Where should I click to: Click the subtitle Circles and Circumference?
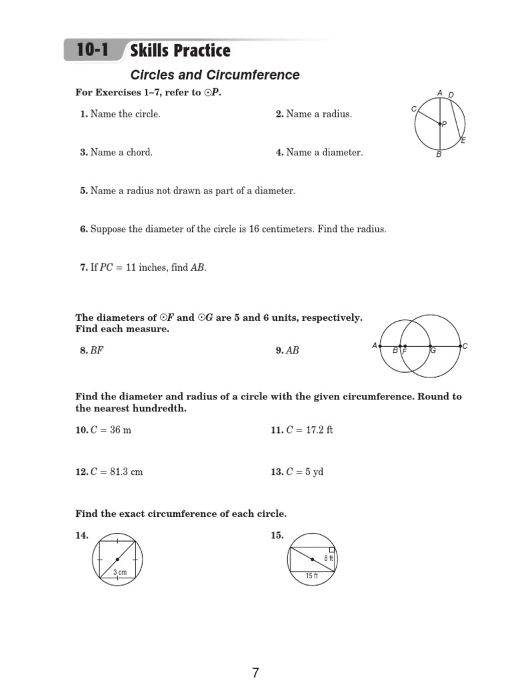(x=215, y=75)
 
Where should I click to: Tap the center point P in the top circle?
(x=439, y=123)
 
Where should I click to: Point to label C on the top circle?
(x=414, y=108)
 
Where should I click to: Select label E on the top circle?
(x=463, y=141)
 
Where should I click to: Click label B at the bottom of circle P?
(x=439, y=155)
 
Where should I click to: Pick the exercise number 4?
(x=279, y=153)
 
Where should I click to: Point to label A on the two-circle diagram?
(x=375, y=346)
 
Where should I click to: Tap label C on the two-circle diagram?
(x=465, y=346)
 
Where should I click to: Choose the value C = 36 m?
(x=111, y=430)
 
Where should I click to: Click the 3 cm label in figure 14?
(x=119, y=572)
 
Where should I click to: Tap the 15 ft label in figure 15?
(x=311, y=576)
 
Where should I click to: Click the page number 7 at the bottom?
(x=255, y=673)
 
